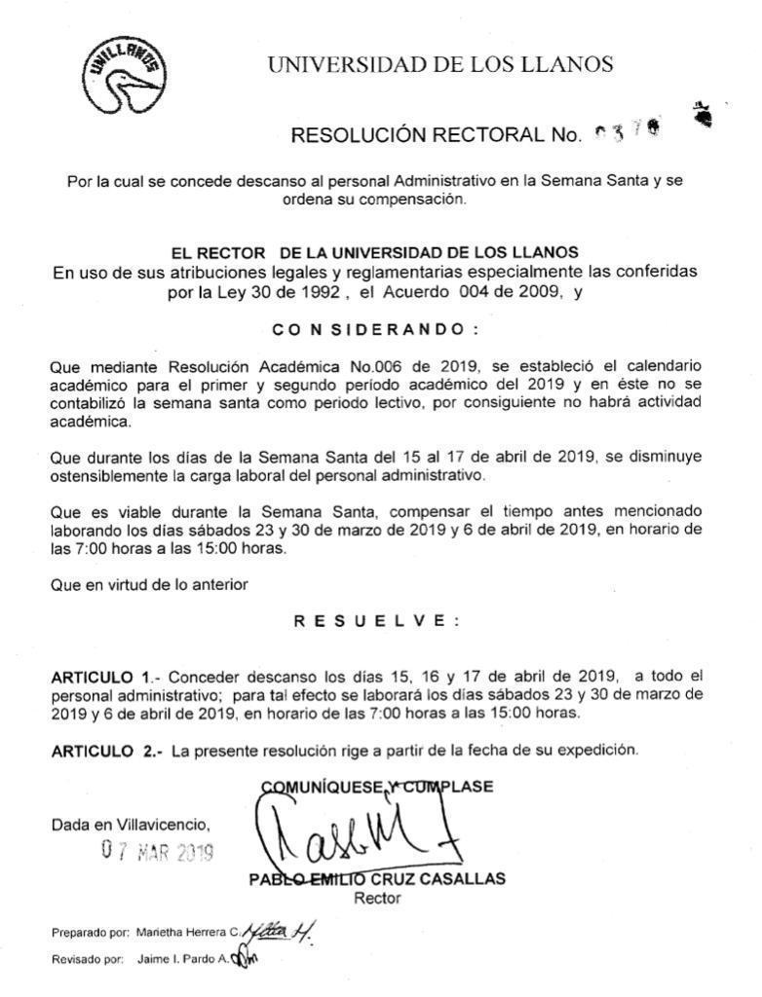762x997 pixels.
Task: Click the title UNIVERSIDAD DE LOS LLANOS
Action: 440,65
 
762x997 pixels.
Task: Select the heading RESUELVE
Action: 376,621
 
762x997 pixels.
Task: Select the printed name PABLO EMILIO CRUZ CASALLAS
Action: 377,879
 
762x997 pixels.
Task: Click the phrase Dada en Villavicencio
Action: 131,825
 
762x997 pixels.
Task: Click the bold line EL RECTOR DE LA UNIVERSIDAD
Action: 374,253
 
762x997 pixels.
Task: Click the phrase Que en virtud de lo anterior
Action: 149,584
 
